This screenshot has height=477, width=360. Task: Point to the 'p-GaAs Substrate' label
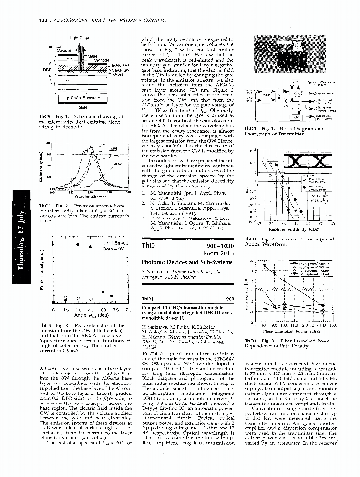[x=82, y=97]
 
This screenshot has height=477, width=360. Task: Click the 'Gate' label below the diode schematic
[x=82, y=109]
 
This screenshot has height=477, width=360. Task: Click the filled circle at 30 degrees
[x=78, y=244]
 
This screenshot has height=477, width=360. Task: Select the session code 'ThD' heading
[x=148, y=246]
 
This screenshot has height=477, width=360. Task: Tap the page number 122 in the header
[x=41, y=21]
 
